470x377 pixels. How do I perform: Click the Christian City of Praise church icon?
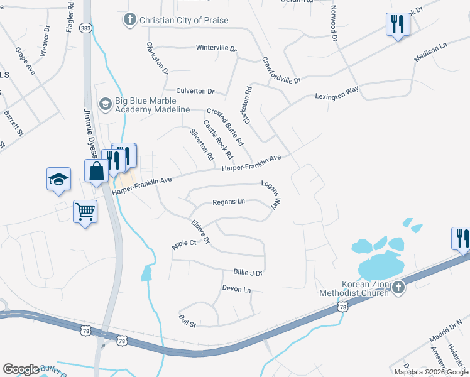click(131, 20)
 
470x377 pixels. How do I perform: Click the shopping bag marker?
click(97, 171)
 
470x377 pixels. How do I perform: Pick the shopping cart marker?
click(85, 211)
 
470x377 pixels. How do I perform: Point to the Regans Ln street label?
click(229, 202)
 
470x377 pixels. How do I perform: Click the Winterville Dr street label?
click(216, 48)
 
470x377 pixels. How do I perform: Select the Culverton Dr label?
click(195, 91)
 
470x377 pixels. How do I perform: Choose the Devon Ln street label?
click(236, 289)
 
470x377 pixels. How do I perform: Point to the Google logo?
click(21, 369)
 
